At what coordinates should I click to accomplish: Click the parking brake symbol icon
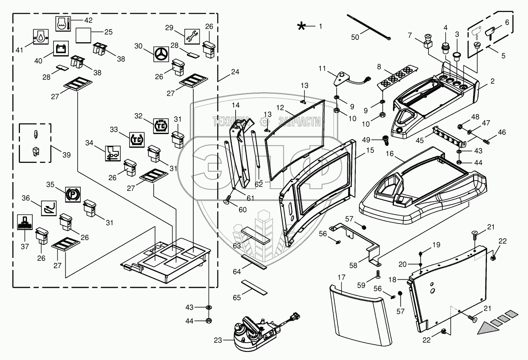(x=73, y=195)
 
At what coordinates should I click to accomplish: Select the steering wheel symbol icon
(x=161, y=54)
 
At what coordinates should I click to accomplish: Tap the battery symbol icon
(x=61, y=48)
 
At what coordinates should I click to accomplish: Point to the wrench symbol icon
(x=192, y=37)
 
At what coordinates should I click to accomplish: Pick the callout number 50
(x=355, y=37)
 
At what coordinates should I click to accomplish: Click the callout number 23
(x=218, y=340)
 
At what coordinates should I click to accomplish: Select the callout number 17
(x=341, y=277)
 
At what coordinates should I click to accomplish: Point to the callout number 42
(x=88, y=20)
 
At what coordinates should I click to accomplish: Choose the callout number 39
(x=66, y=155)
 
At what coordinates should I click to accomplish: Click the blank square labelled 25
(x=83, y=35)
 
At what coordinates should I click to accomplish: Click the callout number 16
(x=390, y=154)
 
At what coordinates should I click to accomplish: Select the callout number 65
(x=237, y=297)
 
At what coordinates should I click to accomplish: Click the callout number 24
(x=235, y=71)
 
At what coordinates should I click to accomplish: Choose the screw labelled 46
(x=486, y=142)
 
